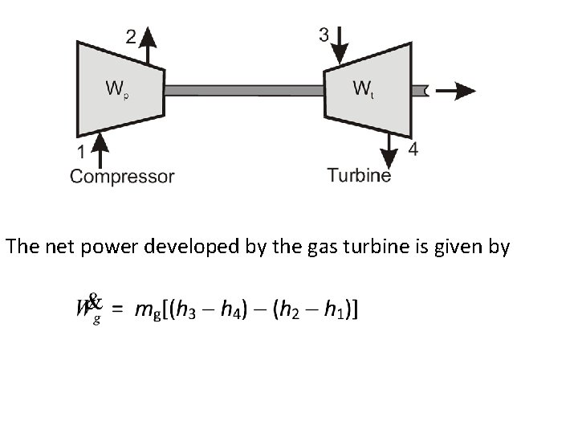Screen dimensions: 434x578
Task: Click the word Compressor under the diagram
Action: click(x=122, y=176)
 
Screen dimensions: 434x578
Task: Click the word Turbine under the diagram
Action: click(x=359, y=174)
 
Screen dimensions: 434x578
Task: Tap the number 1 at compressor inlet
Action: click(x=80, y=152)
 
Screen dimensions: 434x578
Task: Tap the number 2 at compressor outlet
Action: click(x=131, y=35)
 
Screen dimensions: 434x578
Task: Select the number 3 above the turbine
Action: click(x=324, y=35)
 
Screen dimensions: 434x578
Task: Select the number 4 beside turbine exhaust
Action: click(x=413, y=150)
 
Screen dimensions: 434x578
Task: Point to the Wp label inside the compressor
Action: click(x=117, y=88)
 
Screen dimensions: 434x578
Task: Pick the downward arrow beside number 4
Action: click(x=391, y=151)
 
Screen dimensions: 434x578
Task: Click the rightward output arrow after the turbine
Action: click(x=454, y=91)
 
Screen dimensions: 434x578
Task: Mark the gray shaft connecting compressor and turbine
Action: click(x=244, y=91)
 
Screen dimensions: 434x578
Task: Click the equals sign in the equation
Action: click(x=118, y=309)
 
